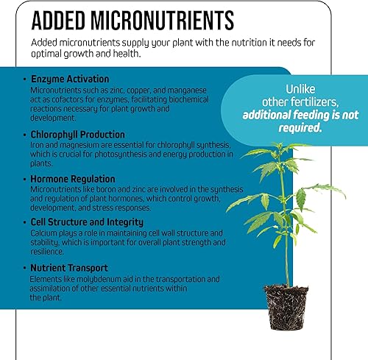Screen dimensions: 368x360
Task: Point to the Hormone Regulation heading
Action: (73, 179)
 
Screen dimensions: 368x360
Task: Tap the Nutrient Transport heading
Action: (70, 267)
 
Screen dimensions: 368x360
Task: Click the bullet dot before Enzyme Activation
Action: (24, 78)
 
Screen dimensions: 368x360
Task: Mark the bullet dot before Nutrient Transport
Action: (24, 267)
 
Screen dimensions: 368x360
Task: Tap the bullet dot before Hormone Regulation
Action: (24, 179)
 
